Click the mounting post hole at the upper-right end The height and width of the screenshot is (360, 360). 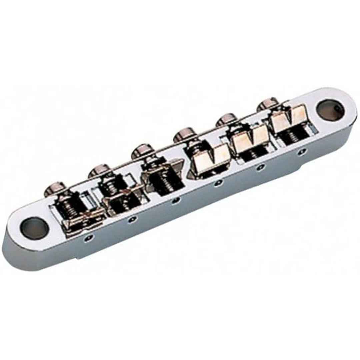pos(330,110)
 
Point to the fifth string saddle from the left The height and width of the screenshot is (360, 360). pos(250,137)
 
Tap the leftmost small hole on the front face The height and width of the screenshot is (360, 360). pos(88,237)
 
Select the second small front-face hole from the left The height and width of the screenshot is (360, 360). pos(133,219)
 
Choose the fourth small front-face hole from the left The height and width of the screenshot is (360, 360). pos(218,183)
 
